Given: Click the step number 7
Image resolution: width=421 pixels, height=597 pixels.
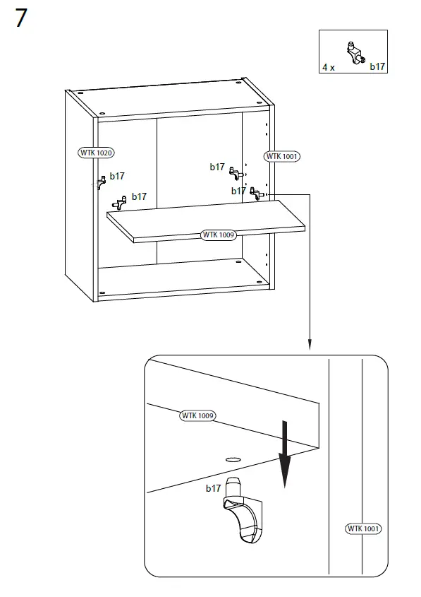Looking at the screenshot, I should click(x=21, y=18).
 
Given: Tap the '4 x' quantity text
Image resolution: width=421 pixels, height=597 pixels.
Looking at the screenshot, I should click(x=329, y=67).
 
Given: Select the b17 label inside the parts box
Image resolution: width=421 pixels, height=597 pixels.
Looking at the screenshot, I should click(x=377, y=66).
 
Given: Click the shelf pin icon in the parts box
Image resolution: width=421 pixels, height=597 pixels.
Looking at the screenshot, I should click(x=353, y=51).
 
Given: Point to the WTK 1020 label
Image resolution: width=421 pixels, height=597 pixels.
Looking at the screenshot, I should click(x=96, y=153).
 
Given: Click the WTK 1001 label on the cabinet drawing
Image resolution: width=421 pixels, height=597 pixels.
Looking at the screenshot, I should click(x=281, y=156).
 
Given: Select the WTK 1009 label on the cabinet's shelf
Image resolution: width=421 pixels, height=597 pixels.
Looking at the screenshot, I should click(x=218, y=235).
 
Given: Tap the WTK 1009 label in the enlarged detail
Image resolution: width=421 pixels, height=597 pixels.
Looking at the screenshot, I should click(x=197, y=415).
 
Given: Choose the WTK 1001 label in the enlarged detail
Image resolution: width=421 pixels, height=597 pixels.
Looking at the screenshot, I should click(x=364, y=528).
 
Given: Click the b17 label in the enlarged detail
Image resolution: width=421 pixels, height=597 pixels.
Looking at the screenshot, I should click(x=214, y=488).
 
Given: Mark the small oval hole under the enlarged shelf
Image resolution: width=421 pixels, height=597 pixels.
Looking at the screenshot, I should click(x=232, y=459).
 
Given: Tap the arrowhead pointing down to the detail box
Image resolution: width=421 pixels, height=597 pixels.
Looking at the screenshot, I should click(x=308, y=344).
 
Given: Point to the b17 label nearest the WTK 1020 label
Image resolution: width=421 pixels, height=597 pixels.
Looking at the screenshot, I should click(x=117, y=177).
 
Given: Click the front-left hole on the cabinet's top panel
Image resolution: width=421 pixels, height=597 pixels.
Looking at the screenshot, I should click(x=102, y=113).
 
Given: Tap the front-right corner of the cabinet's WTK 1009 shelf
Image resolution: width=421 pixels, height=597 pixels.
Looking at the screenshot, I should click(x=305, y=228).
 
